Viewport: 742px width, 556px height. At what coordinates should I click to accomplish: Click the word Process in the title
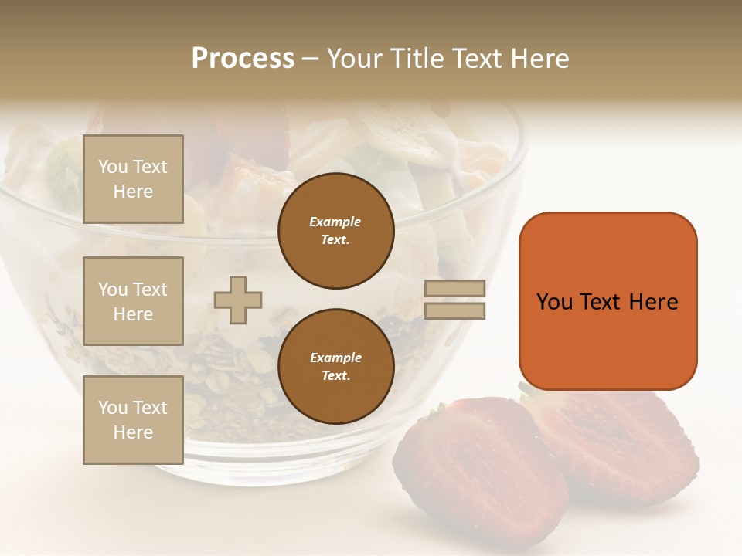(243, 59)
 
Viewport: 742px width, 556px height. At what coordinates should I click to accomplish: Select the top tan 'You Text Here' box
(133, 179)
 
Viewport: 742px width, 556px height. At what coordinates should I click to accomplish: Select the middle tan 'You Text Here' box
(133, 301)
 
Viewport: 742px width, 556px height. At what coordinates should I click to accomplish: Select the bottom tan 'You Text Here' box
(133, 420)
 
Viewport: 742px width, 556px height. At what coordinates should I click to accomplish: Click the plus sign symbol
(238, 300)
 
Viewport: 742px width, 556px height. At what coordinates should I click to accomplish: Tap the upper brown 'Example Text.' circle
(335, 230)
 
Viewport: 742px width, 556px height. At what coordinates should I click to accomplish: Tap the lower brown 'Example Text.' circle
(335, 366)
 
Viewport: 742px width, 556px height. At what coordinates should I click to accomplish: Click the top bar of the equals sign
(454, 288)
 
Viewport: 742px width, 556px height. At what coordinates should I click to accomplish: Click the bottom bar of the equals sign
(454, 310)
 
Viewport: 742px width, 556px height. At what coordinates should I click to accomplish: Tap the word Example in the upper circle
(335, 222)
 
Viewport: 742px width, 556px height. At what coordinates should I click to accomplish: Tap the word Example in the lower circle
(335, 358)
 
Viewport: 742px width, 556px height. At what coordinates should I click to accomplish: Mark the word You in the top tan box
(112, 167)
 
